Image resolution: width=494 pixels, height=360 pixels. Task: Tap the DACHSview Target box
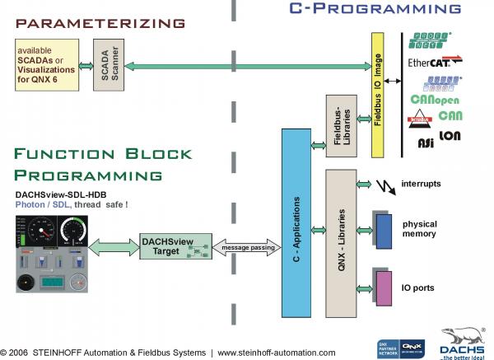[169, 245]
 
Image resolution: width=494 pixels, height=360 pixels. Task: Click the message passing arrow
[246, 246]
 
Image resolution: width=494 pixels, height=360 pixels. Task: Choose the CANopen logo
[434, 100]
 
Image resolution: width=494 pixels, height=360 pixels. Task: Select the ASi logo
[425, 143]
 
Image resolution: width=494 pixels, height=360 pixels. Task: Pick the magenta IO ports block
[384, 288]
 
